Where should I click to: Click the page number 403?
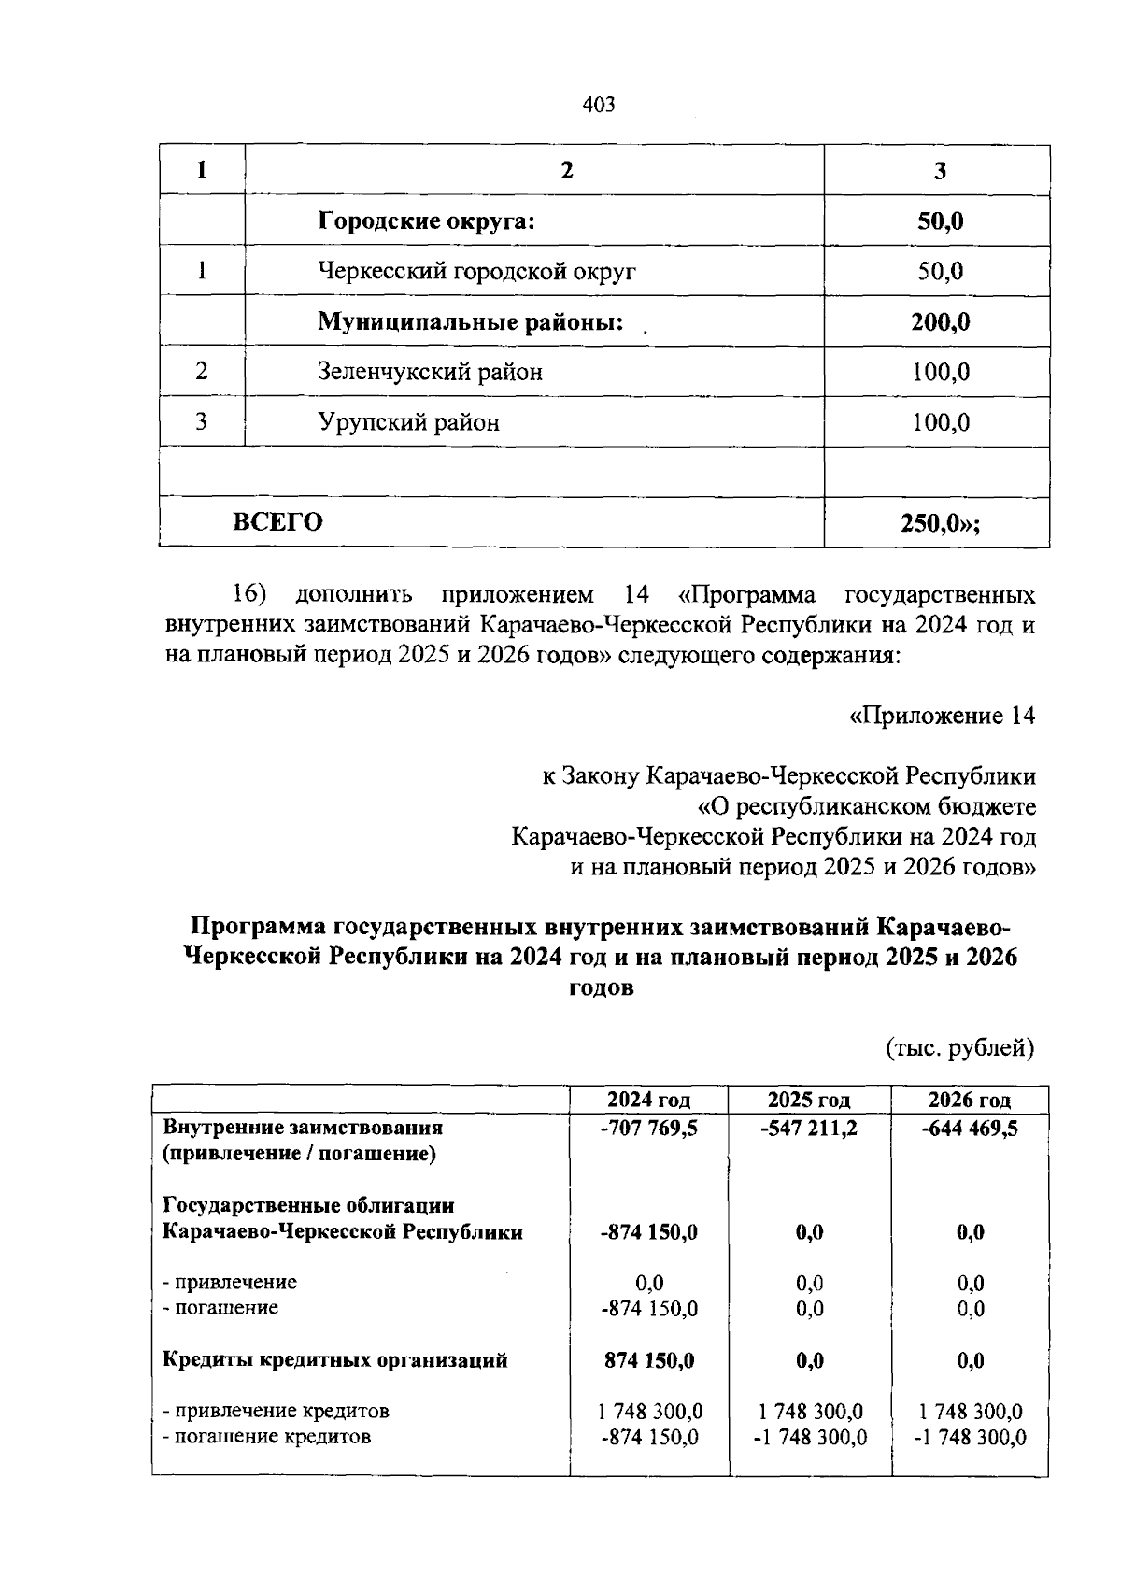tap(598, 105)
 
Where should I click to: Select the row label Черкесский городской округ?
tap(477, 272)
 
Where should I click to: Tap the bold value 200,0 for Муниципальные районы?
tap(941, 322)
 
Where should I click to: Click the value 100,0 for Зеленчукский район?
tap(941, 373)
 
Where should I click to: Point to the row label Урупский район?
tap(408, 423)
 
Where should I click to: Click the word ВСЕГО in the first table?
tap(277, 522)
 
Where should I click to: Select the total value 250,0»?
tap(941, 523)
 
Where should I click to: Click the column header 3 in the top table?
tap(941, 171)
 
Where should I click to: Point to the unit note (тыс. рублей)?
tap(960, 1048)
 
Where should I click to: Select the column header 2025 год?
tap(809, 1100)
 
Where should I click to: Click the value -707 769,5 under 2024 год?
tap(649, 1128)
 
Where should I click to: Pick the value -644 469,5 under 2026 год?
tap(970, 1128)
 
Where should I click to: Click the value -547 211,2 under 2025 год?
tap(809, 1128)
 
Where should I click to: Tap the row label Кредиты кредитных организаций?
tap(335, 1360)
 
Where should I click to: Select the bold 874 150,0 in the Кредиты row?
tap(649, 1360)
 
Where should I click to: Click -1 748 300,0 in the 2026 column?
tap(970, 1438)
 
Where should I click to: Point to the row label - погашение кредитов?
tap(266, 1437)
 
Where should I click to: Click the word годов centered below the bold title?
tap(601, 987)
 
